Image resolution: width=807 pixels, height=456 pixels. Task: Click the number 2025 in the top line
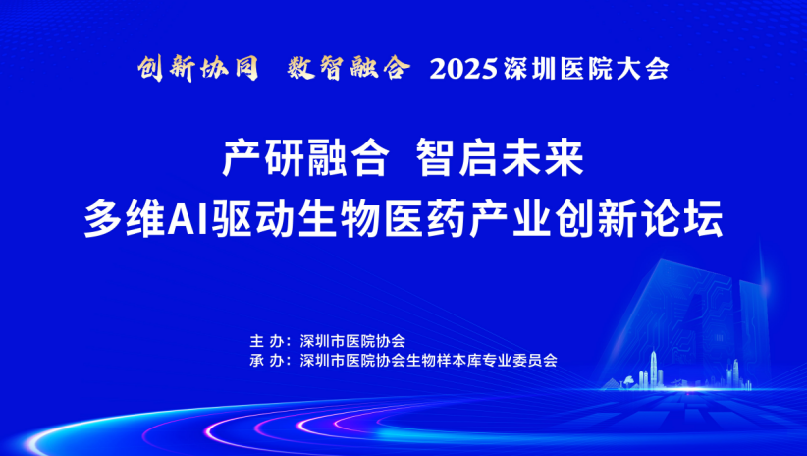463,69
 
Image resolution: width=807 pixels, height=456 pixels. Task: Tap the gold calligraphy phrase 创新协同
198,68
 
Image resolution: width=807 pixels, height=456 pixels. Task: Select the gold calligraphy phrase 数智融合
349,68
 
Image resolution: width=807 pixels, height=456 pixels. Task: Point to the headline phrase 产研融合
305,157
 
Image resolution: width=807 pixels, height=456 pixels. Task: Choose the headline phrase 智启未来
501,157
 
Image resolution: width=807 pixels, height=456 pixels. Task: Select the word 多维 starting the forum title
126,218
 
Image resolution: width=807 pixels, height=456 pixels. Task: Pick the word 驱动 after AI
252,218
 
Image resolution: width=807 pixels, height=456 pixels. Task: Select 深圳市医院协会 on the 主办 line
352,341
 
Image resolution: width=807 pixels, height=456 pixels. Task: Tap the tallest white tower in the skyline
654,369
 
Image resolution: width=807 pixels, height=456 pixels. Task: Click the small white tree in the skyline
628,382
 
